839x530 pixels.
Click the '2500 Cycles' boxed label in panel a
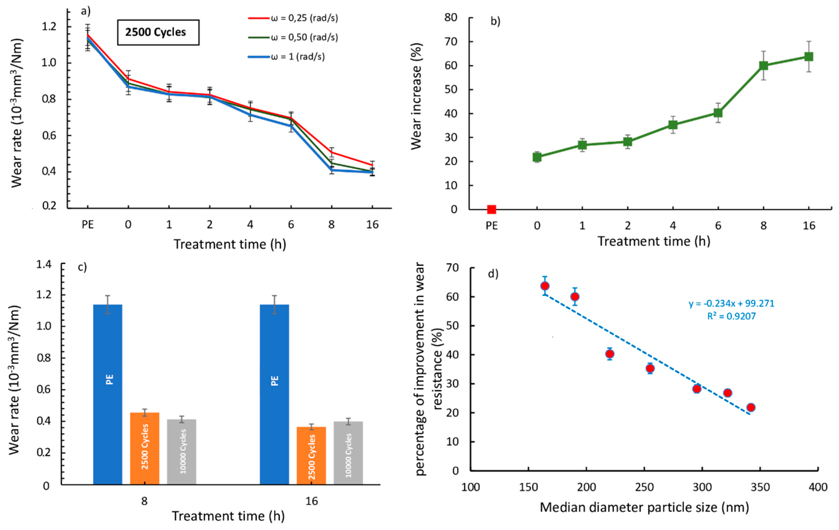click(x=158, y=32)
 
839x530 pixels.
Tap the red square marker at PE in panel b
click(x=491, y=209)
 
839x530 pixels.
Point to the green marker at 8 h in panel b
click(x=763, y=65)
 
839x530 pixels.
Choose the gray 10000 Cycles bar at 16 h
click(x=348, y=453)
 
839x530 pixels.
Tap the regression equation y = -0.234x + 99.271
click(x=731, y=303)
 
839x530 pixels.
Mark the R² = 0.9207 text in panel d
click(x=731, y=316)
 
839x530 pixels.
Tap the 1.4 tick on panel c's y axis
click(x=44, y=265)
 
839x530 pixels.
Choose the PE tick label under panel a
click(x=88, y=225)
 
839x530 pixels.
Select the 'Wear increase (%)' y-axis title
click(x=416, y=96)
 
